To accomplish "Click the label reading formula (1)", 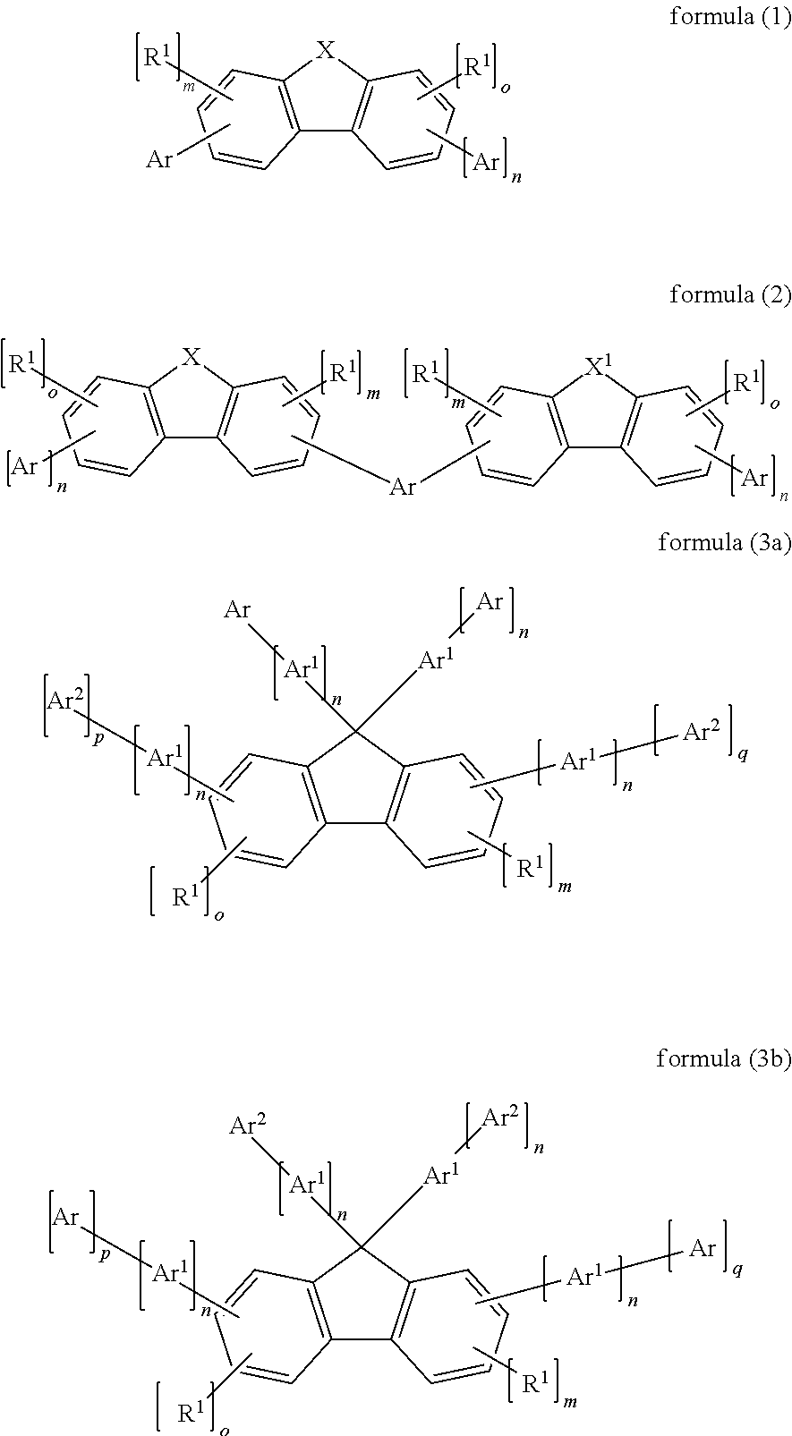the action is click(730, 17).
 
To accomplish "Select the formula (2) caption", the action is click(730, 295).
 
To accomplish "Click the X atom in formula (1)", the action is click(327, 53).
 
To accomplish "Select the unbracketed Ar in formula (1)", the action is click(159, 160).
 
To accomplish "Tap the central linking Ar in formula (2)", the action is click(403, 487).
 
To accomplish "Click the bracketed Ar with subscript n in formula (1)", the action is click(486, 162).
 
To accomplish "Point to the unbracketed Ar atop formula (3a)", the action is click(237, 610).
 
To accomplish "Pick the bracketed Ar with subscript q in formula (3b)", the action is click(702, 1246).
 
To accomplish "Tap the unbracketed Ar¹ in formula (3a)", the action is click(436, 663).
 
